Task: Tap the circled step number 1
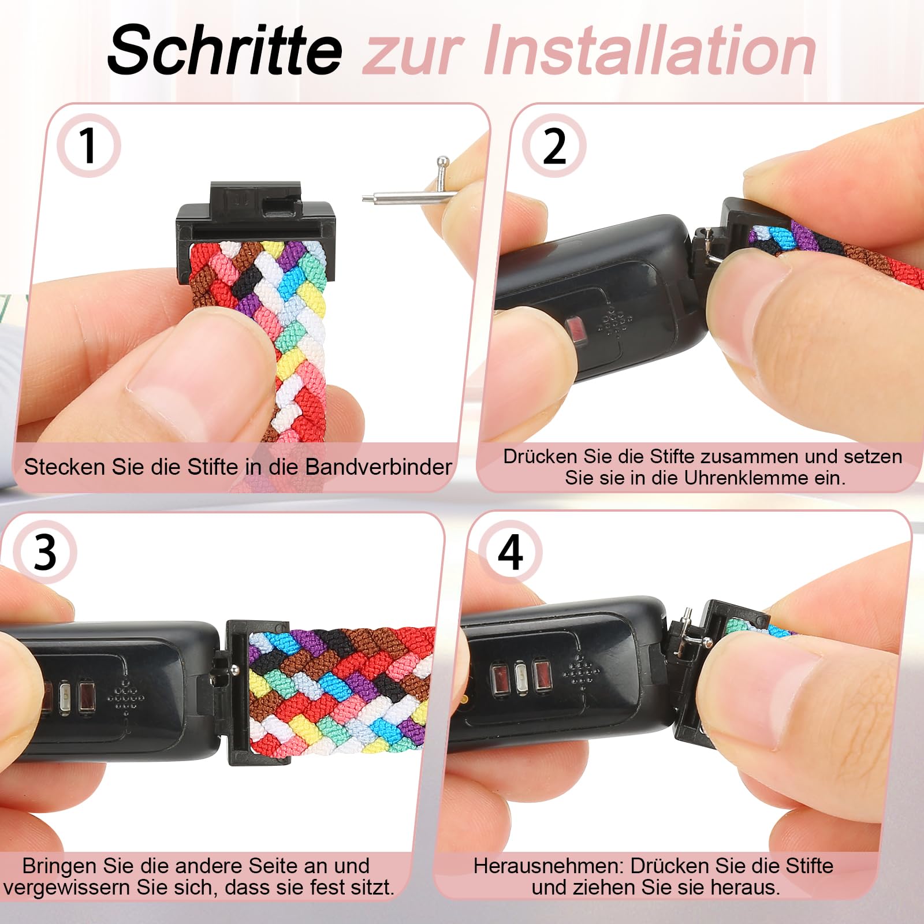pyautogui.click(x=88, y=146)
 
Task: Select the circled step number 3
pyautogui.click(x=45, y=552)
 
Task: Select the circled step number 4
pyautogui.click(x=510, y=552)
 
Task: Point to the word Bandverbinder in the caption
pyautogui.click(x=378, y=467)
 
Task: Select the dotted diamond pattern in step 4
pyautogui.click(x=580, y=673)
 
